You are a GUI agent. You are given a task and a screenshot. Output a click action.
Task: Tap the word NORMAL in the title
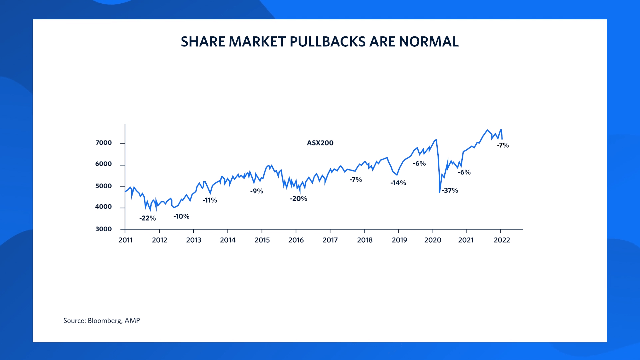pos(429,42)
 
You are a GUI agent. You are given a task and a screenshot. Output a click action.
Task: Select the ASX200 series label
pos(320,143)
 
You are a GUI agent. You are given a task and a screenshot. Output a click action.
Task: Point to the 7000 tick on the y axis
pos(103,143)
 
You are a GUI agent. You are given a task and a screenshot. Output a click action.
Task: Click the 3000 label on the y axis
pos(103,229)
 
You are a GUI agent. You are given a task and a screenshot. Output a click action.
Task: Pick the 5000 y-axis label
pos(103,186)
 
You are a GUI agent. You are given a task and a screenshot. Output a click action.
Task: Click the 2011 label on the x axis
pos(126,240)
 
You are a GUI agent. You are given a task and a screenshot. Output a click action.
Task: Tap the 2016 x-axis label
pos(296,240)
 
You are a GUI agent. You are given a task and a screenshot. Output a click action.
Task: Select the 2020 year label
pos(432,240)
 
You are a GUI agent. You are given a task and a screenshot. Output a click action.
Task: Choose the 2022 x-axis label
pos(501,240)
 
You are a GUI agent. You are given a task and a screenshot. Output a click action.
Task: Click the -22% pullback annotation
pos(148,218)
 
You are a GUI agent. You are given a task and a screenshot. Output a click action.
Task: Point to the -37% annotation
pos(450,191)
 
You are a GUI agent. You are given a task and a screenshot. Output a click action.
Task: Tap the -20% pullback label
pos(298,199)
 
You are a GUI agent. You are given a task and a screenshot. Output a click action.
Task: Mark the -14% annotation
pos(398,183)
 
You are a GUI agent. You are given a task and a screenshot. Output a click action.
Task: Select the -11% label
pos(210,200)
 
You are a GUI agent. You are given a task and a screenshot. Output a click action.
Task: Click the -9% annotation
pos(257,191)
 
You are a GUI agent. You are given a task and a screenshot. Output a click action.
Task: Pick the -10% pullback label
pos(181,217)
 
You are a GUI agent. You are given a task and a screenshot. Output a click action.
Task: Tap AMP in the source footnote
pos(132,321)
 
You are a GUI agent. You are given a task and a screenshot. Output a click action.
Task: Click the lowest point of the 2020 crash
pos(439,193)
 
